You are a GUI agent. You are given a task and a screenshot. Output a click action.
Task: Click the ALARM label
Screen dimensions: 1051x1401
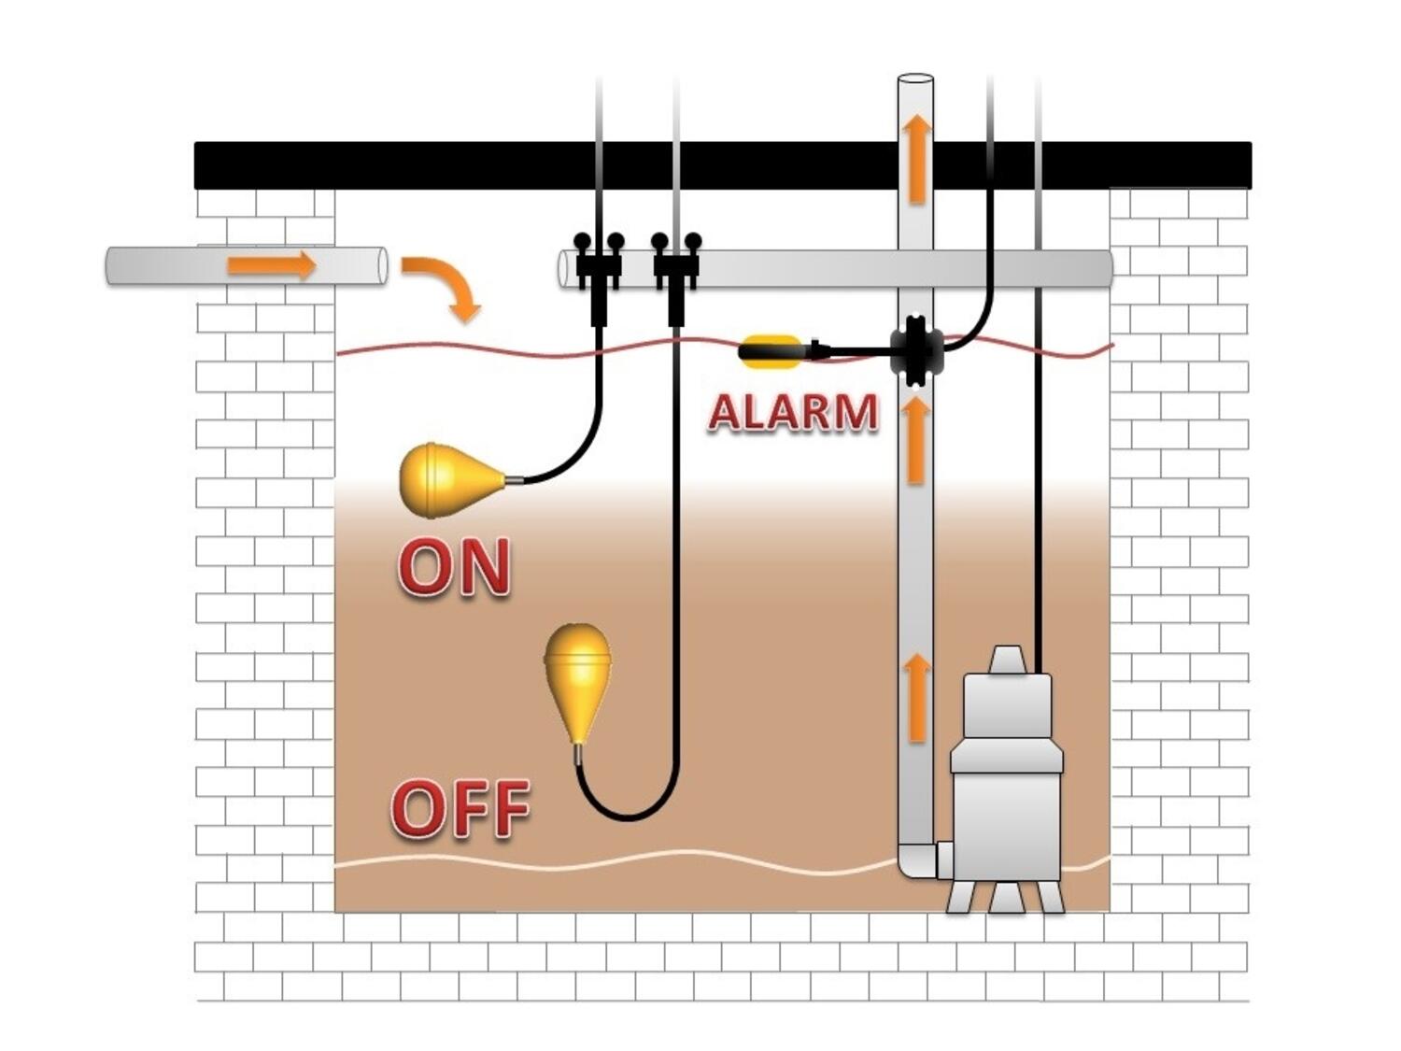(793, 412)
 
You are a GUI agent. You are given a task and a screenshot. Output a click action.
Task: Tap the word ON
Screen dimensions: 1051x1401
(455, 566)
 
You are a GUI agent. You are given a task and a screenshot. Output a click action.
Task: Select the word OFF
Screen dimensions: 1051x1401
(460, 808)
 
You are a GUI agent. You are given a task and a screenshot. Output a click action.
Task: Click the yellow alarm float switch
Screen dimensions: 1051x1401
(771, 351)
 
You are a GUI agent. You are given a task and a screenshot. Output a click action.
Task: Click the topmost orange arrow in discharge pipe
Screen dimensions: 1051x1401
(917, 157)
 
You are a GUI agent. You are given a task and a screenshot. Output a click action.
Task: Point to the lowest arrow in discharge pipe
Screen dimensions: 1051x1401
(917, 696)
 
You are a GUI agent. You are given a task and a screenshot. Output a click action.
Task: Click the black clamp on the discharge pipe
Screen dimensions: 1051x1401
(914, 351)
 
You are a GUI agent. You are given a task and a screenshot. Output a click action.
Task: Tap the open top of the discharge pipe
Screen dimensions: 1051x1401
(915, 79)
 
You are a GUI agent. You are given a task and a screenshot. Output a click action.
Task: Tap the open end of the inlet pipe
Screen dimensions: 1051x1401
(382, 265)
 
